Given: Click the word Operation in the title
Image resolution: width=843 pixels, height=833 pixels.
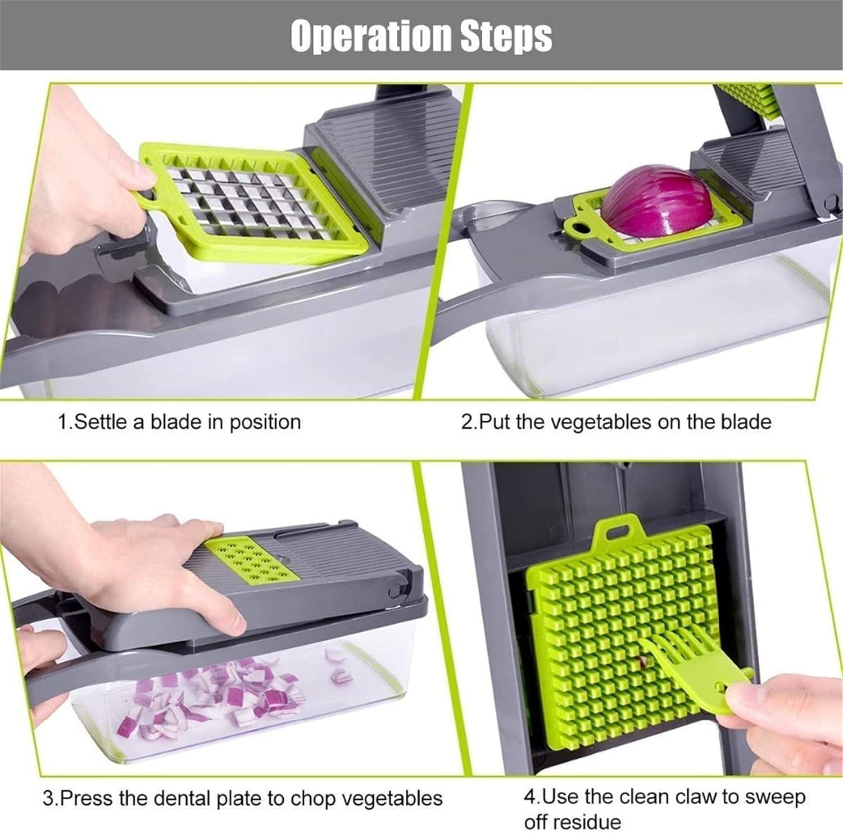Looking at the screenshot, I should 371,35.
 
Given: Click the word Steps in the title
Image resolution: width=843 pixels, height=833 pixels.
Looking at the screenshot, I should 506,35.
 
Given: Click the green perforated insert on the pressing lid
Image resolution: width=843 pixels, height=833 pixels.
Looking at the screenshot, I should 250,560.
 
